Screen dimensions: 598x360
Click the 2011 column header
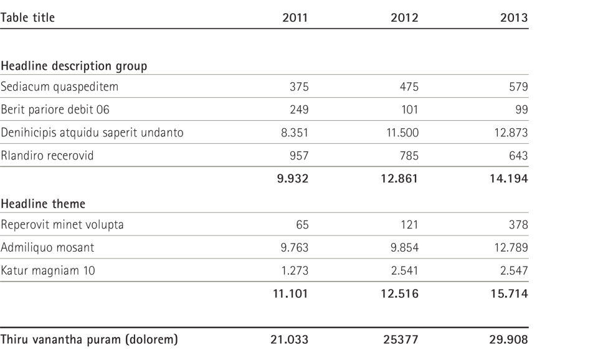tap(295, 17)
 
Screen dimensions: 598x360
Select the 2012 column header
tap(404, 17)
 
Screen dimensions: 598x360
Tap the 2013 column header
tap(514, 17)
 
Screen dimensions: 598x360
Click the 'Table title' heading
tap(27, 17)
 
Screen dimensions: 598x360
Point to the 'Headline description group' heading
tap(74, 66)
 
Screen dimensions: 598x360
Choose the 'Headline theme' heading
tap(43, 204)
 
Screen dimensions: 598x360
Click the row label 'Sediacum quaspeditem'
tap(59, 87)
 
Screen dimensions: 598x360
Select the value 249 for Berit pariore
tap(299, 110)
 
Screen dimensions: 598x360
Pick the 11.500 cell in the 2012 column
tap(402, 133)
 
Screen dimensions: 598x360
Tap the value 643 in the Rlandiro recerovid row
tap(518, 156)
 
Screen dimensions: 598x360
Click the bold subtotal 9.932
tap(293, 179)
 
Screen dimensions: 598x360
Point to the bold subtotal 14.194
tap(509, 179)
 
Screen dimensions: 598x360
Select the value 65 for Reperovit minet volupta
tap(302, 225)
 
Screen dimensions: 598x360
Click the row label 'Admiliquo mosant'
tap(47, 247)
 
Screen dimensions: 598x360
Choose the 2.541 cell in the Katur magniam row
tap(405, 271)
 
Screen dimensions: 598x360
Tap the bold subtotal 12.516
tap(399, 293)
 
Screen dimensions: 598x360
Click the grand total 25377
tap(401, 339)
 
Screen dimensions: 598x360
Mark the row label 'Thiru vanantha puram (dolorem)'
tap(89, 339)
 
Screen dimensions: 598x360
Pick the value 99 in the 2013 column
tap(522, 110)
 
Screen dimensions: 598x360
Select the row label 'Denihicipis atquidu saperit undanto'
tap(92, 133)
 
